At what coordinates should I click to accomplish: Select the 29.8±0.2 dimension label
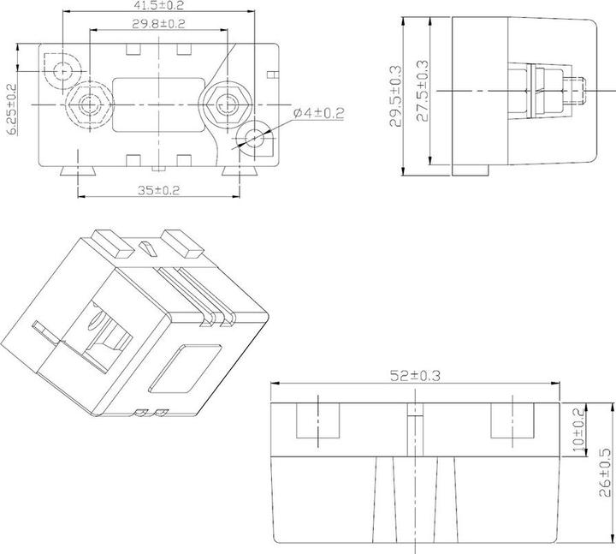pos(158,23)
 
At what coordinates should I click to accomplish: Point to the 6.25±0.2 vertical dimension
pos(11,104)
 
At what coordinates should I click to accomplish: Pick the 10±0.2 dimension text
pos(578,428)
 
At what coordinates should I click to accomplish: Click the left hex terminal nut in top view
pos(88,104)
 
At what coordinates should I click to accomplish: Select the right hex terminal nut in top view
pos(226,104)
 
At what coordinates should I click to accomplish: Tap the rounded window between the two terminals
pos(157,104)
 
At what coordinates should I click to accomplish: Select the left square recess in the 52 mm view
pos(317,422)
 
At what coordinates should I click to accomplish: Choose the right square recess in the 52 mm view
pos(512,422)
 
